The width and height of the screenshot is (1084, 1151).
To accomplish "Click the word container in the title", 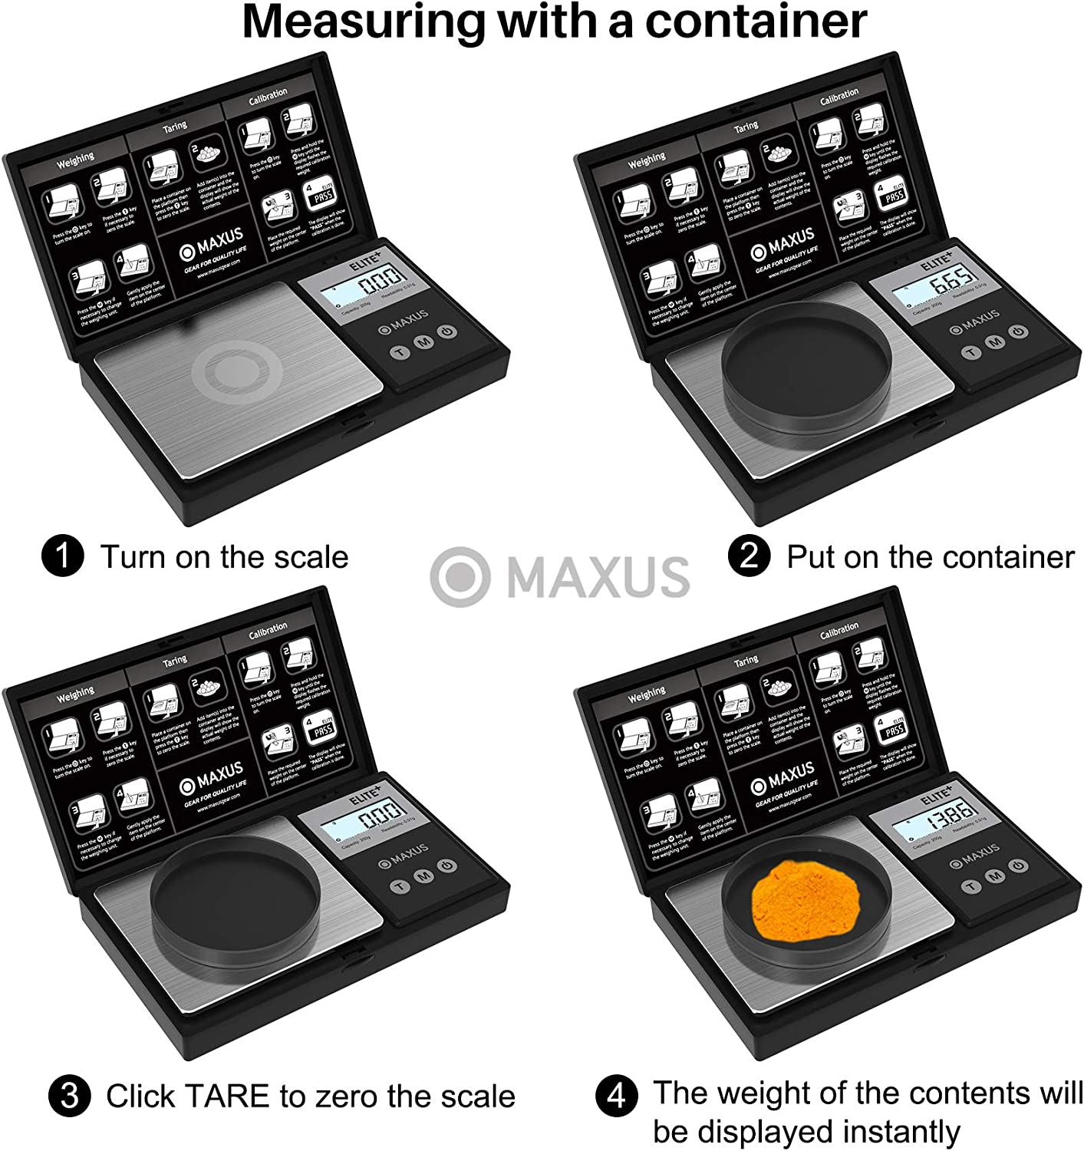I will (755, 22).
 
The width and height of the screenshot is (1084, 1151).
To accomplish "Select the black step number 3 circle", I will (69, 1096).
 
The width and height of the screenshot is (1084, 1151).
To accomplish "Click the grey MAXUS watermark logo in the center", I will (560, 576).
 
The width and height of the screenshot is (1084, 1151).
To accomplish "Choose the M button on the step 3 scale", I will (422, 876).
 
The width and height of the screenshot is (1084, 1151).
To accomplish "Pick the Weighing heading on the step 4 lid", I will (646, 695).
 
